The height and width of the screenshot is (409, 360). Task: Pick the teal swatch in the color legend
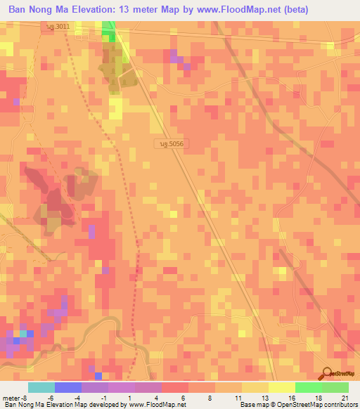[x=41, y=387]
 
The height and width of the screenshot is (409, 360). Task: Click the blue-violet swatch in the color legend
[x=67, y=387]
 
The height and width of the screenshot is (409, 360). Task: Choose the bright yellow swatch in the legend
[x=281, y=387]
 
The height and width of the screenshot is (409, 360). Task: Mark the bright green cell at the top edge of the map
[x=108, y=27]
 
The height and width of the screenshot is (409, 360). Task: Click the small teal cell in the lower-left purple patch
[x=23, y=333]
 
